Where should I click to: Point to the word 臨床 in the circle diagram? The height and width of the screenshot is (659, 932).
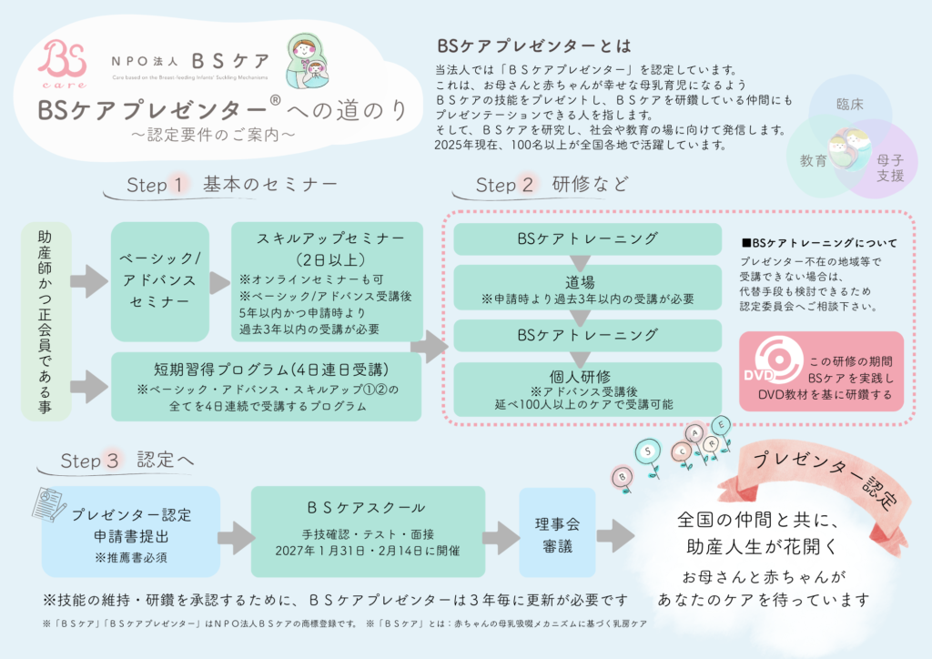click(849, 104)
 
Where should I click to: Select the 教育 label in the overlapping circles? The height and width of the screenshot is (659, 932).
click(813, 161)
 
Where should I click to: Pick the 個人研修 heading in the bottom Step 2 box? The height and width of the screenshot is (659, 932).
click(574, 375)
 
